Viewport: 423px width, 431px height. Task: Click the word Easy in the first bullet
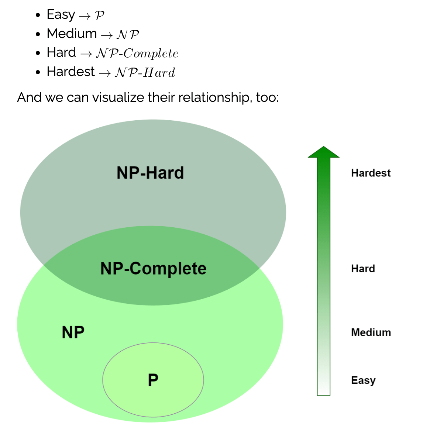[61, 15]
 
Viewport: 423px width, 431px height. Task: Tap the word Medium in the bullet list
[72, 34]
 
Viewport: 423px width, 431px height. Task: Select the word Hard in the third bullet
[61, 52]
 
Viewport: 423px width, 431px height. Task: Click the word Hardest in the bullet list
[70, 72]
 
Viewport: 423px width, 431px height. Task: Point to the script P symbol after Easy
[99, 15]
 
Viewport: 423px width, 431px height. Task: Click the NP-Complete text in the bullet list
[137, 54]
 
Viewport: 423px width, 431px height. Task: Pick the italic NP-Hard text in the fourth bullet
[145, 72]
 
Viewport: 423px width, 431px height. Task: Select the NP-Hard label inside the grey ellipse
[150, 173]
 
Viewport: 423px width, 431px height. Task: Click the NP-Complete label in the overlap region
[153, 268]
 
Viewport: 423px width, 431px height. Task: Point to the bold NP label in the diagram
[73, 332]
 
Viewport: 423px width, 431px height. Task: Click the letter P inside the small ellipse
[153, 380]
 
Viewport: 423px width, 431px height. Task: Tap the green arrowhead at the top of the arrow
[323, 152]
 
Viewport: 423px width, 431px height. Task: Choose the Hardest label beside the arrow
[371, 173]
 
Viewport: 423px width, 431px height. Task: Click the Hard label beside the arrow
[363, 269]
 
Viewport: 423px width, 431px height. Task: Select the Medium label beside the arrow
[371, 332]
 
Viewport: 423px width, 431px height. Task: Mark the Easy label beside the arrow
[363, 380]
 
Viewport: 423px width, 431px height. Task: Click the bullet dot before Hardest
[38, 72]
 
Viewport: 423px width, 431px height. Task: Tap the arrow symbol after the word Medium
[107, 35]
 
